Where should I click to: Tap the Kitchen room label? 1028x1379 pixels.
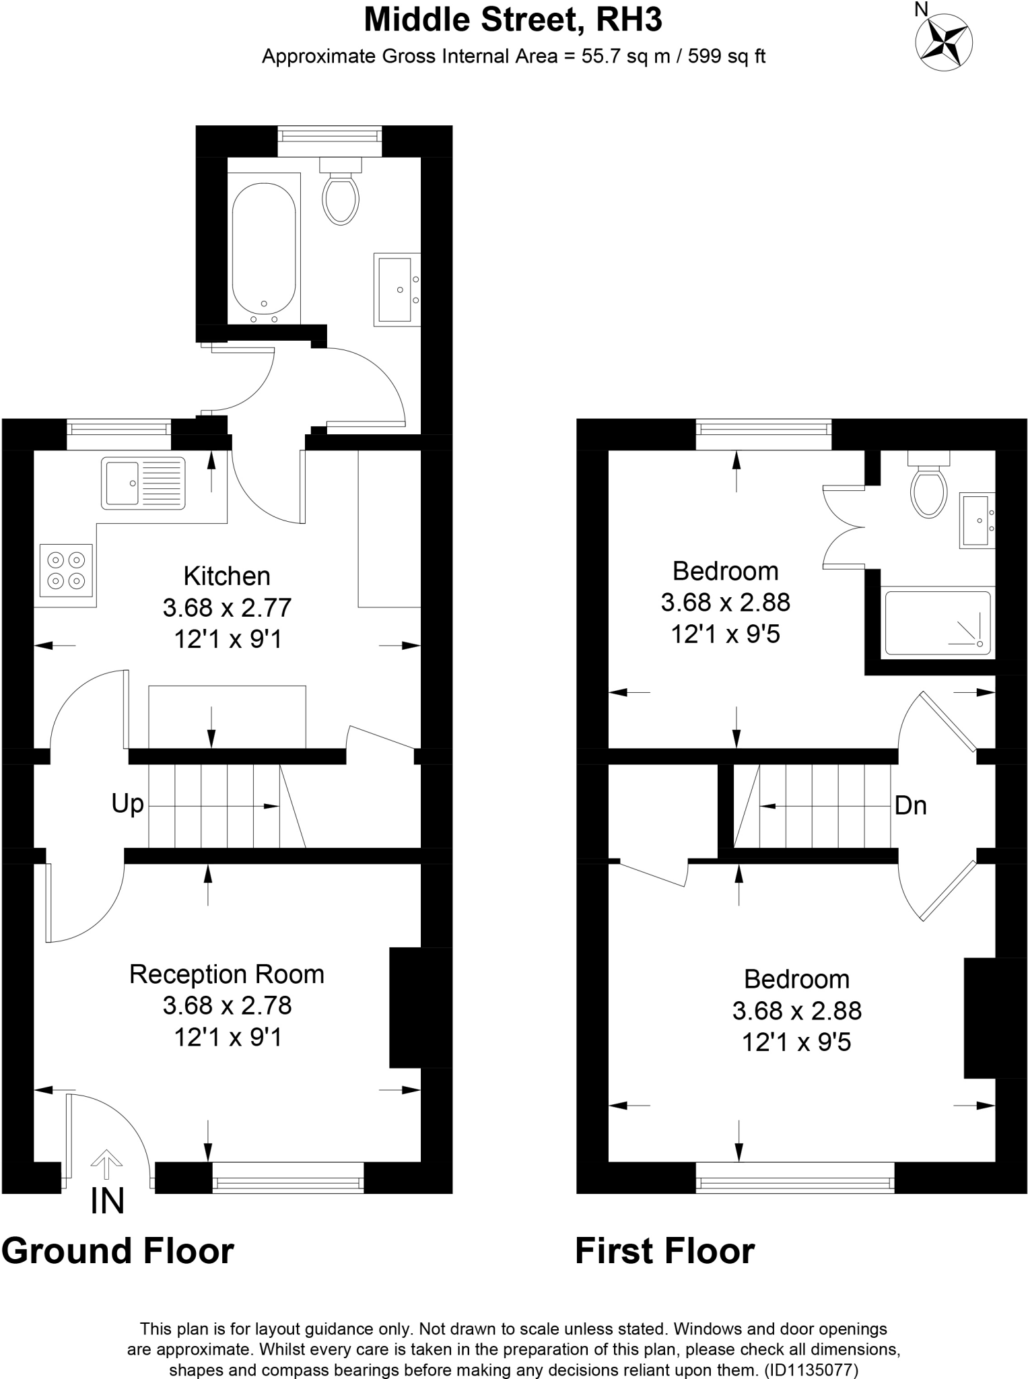pos(227,576)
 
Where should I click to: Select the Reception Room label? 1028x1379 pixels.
pos(227,974)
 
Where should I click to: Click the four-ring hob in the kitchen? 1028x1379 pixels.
pos(66,570)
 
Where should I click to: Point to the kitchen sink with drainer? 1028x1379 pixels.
pos(143,482)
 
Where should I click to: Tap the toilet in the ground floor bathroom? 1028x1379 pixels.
pos(341,195)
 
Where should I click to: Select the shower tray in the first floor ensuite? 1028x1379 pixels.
pos(938,623)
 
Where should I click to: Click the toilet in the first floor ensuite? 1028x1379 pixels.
pos(928,490)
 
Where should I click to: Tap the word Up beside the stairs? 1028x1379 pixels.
pos(127,803)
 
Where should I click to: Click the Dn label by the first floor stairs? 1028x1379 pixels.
pos(910,805)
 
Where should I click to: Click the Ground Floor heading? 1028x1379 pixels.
pos(118,1251)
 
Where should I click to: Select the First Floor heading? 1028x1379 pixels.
pos(664,1251)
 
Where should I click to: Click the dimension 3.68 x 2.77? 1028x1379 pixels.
pos(227,608)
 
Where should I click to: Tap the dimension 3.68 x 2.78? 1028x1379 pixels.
pos(227,1006)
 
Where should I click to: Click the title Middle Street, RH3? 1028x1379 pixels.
pos(513,20)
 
